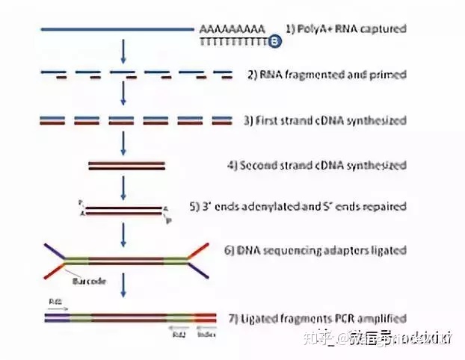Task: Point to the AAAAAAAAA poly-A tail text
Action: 232,29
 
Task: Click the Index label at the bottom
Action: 208,334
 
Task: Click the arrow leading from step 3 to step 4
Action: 124,142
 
